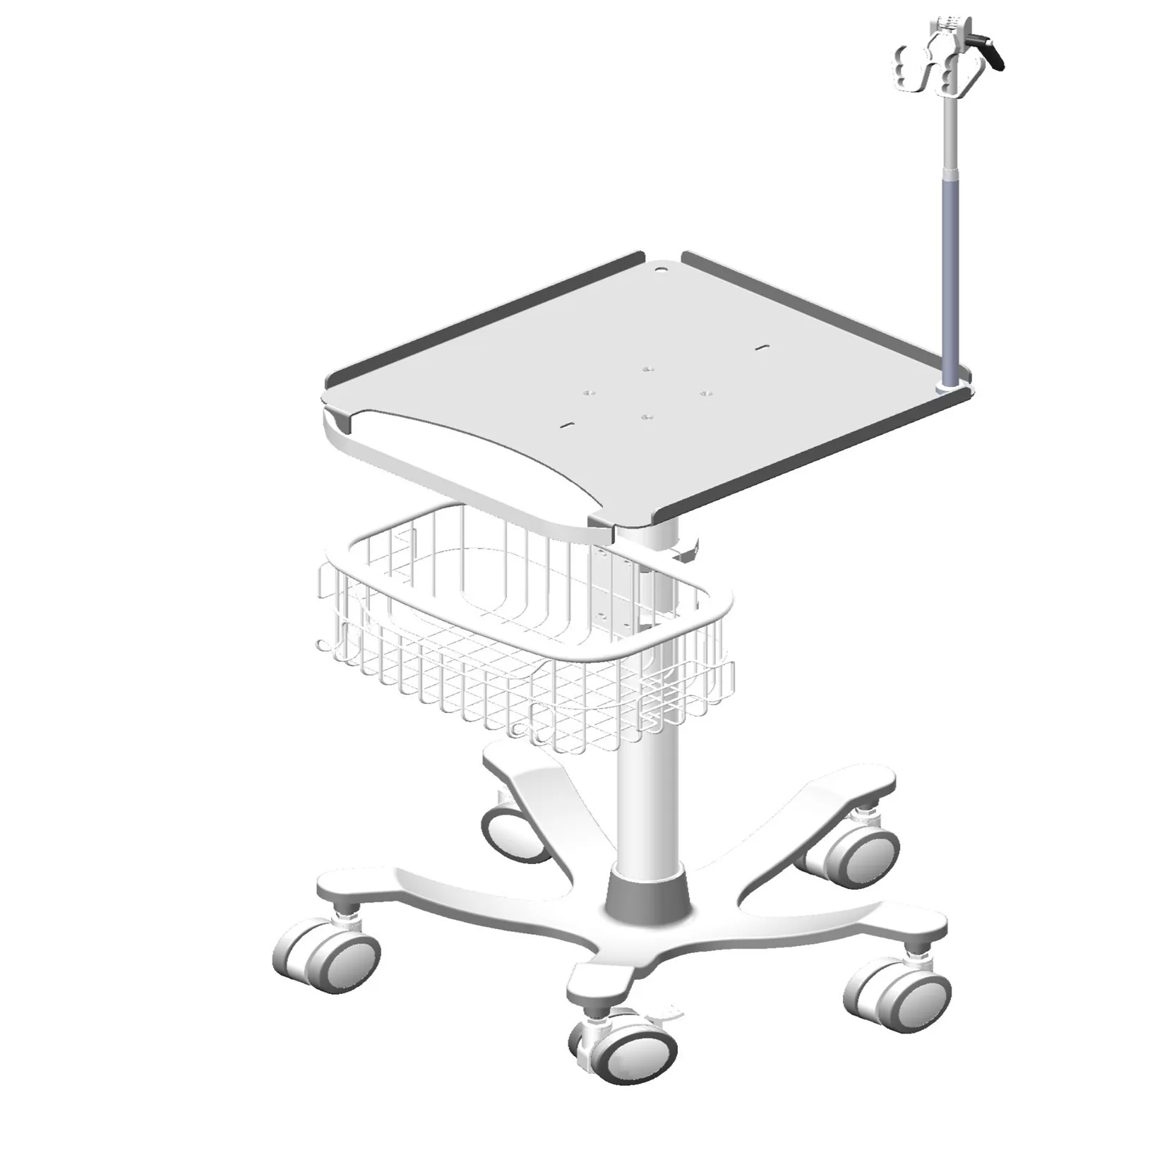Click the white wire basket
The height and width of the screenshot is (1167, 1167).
[522, 635]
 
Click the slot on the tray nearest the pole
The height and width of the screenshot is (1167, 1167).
[760, 347]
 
